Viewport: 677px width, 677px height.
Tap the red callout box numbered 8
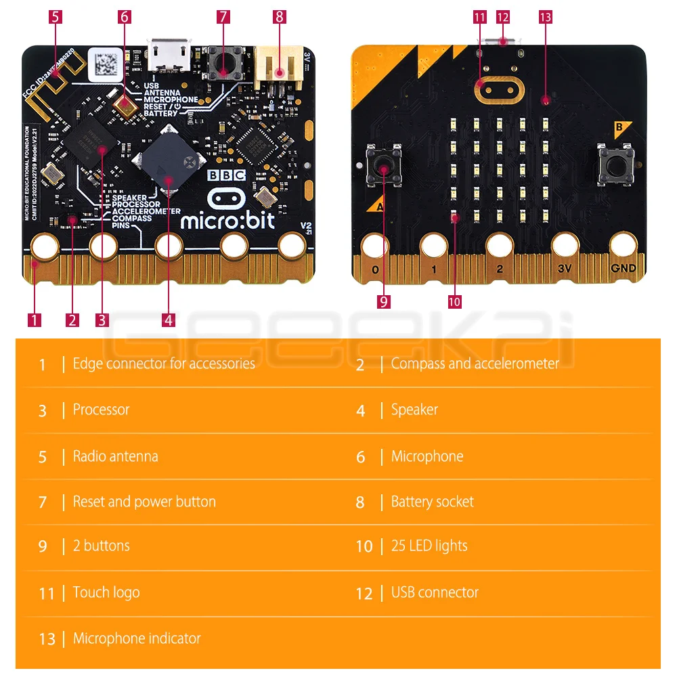point(280,16)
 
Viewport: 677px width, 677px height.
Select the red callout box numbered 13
point(546,16)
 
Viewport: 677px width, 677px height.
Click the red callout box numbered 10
point(454,302)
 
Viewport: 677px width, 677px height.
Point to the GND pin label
point(623,268)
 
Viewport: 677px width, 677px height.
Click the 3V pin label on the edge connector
point(565,268)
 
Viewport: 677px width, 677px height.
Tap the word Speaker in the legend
point(414,410)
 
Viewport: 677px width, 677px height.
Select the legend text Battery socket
point(432,502)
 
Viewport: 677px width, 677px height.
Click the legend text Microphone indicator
point(137,638)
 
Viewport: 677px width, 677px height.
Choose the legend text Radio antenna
point(115,456)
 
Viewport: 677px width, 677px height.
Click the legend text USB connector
point(435,592)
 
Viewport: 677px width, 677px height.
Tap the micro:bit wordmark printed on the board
point(227,220)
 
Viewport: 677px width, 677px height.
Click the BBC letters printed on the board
point(226,175)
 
